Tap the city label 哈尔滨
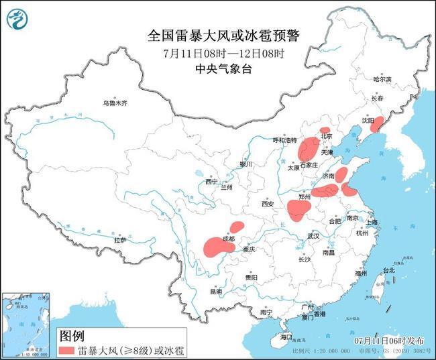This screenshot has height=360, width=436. pos(382,79)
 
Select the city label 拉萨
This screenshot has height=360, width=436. pos(120,239)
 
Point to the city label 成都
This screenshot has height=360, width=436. pos(228,239)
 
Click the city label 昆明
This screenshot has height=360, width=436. pos(215,292)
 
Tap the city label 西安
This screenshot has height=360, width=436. pos(268,203)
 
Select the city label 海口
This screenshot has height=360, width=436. pos(286,337)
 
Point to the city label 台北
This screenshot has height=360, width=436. pos(388,270)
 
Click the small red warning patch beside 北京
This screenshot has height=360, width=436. pos(325,130)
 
